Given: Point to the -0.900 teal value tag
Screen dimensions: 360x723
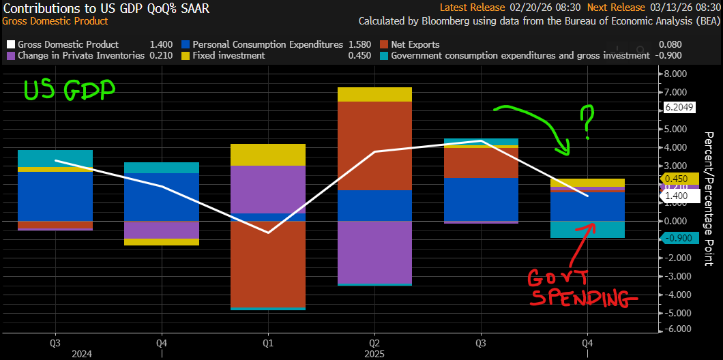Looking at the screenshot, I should coord(678,239).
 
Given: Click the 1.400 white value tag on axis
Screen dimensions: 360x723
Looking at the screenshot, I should coord(678,196).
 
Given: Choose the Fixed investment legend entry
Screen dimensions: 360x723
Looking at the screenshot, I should coord(228,55).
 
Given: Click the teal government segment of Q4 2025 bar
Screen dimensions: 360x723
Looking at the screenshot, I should coord(587,229).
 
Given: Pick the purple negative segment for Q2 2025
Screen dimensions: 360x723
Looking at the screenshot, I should coord(374,252).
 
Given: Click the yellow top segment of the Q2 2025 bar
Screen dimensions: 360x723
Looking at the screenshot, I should coord(374,94).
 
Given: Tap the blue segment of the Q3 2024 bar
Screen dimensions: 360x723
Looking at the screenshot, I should coord(55,196).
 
